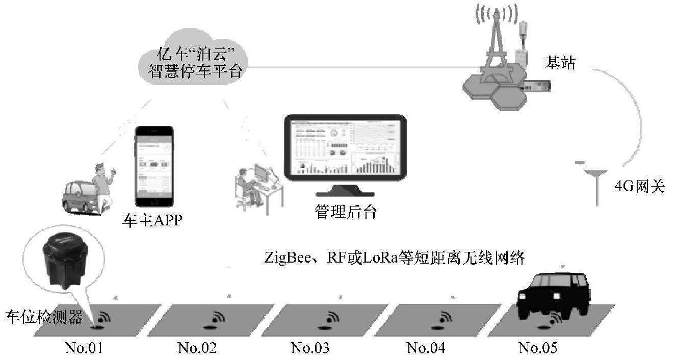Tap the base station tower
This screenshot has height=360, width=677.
click(x=493, y=56)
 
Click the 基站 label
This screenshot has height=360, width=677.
click(x=559, y=64)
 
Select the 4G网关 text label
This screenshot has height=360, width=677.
click(x=640, y=187)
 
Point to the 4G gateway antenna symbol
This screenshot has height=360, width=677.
click(x=596, y=184)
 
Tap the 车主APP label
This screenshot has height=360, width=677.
click(x=152, y=221)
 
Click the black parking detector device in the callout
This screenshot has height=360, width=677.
click(x=65, y=260)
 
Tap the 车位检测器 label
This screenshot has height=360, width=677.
click(x=44, y=317)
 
